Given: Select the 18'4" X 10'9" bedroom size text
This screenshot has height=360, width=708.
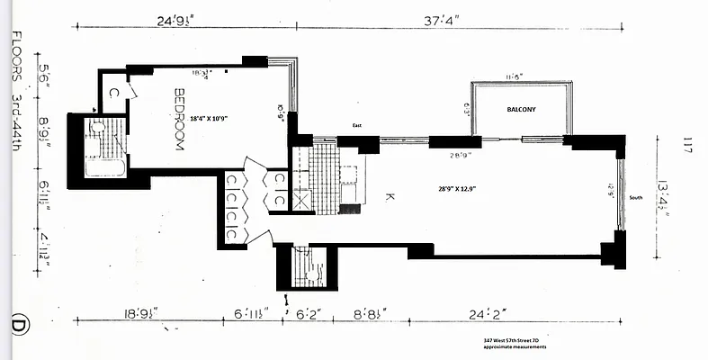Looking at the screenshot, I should (217, 117).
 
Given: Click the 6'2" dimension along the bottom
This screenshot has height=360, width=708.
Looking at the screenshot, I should (307, 314).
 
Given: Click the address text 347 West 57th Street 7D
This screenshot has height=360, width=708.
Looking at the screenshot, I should (515, 339).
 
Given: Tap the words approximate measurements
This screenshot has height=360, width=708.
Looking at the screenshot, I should (515, 346).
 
